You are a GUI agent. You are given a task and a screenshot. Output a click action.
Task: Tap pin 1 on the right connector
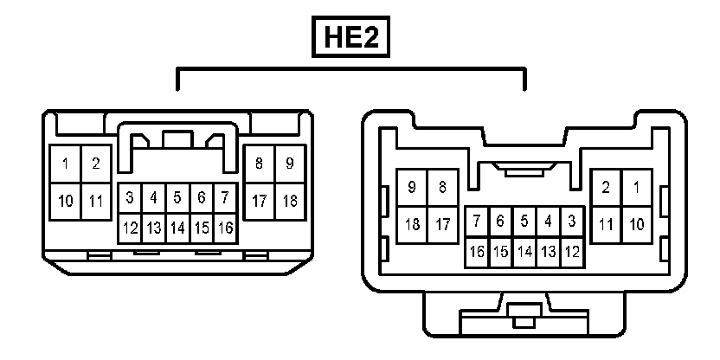tap(636, 186)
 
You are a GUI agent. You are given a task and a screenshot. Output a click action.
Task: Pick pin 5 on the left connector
tap(177, 197)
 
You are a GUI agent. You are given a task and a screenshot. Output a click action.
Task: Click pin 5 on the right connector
tap(524, 221)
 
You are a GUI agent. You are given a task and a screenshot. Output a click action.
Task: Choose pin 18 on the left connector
tap(290, 201)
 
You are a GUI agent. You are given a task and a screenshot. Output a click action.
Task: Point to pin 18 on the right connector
tap(413, 224)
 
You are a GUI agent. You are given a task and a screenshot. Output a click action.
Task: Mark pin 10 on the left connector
tap(66, 201)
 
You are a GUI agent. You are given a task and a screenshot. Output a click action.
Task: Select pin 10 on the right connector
tap(636, 224)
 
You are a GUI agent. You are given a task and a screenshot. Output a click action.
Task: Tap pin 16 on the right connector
tap(477, 252)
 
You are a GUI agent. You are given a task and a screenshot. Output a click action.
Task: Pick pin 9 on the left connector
tap(290, 163)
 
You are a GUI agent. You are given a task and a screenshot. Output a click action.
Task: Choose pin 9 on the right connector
tap(413, 186)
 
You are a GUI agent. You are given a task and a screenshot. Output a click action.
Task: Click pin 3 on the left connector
tap(130, 197)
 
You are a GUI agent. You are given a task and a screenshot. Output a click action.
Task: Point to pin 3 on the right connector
tap(571, 221)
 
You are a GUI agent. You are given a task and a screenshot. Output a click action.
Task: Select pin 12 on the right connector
tap(571, 252)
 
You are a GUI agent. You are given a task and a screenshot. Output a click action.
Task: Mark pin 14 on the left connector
tap(177, 228)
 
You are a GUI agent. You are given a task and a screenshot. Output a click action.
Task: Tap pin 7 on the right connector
tap(477, 221)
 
